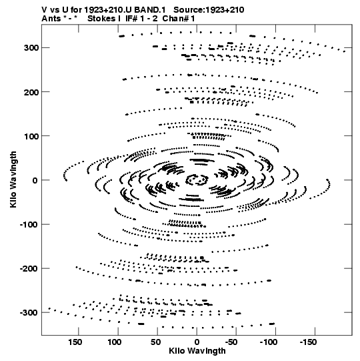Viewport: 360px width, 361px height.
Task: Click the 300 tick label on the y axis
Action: click(31, 48)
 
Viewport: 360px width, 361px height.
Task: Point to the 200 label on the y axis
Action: click(31, 92)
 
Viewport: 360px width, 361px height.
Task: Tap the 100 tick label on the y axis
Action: click(31, 136)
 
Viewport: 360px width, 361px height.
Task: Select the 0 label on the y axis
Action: click(35, 180)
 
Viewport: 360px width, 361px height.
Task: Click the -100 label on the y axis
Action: click(29, 224)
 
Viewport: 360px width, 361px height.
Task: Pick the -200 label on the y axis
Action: click(29, 269)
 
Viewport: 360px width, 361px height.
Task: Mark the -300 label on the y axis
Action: click(29, 313)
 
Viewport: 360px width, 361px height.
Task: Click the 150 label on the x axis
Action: click(75, 342)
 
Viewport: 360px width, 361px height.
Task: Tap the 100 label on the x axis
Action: click(115, 342)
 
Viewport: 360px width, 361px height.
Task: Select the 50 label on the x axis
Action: click(156, 342)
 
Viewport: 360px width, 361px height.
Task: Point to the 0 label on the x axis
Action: click(197, 342)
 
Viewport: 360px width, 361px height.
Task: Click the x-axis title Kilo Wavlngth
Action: click(197, 351)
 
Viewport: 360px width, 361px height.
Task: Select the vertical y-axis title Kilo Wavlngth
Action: click(13, 179)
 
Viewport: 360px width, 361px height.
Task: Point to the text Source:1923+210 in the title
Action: click(209, 10)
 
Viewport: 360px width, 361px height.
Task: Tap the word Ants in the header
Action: click(51, 19)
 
